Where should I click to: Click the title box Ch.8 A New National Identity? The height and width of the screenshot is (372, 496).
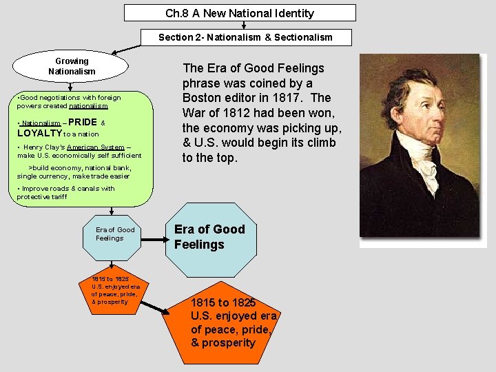[x=240, y=13]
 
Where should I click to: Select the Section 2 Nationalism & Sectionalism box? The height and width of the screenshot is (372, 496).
[x=245, y=37]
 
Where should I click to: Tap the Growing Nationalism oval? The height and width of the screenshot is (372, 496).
[x=72, y=66]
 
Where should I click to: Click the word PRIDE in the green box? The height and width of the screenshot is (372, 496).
[x=82, y=123]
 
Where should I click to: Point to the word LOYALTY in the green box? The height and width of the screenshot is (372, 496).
[x=39, y=133]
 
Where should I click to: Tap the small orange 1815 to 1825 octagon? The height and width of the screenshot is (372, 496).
[x=110, y=290]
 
